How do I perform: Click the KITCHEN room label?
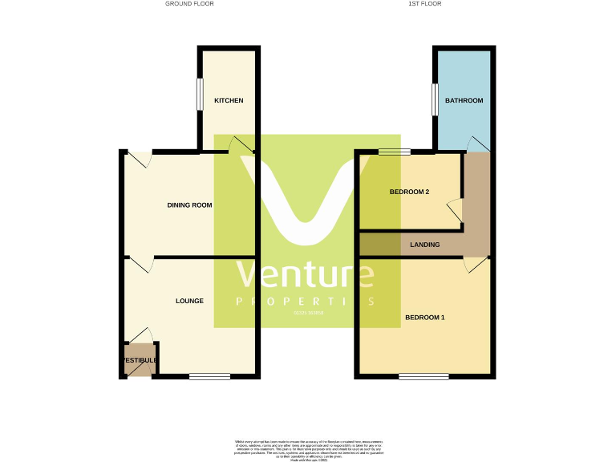tap(229, 100)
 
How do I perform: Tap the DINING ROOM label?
tap(189, 205)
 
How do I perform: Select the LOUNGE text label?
tap(189, 301)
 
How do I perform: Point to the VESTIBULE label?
tap(140, 360)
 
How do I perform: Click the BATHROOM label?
tap(464, 100)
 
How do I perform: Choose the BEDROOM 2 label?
tap(409, 192)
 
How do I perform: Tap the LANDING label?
tap(424, 245)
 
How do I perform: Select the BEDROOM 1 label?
tap(424, 318)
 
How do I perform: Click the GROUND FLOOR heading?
tap(189, 4)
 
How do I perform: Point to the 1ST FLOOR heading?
tap(425, 4)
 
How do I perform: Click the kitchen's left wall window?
tap(201, 94)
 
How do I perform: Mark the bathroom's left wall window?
tap(434, 100)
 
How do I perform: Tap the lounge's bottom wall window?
tap(209, 376)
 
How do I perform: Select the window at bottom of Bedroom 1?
tap(423, 376)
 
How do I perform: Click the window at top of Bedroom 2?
tap(395, 151)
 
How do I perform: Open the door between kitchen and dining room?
tap(239, 145)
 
